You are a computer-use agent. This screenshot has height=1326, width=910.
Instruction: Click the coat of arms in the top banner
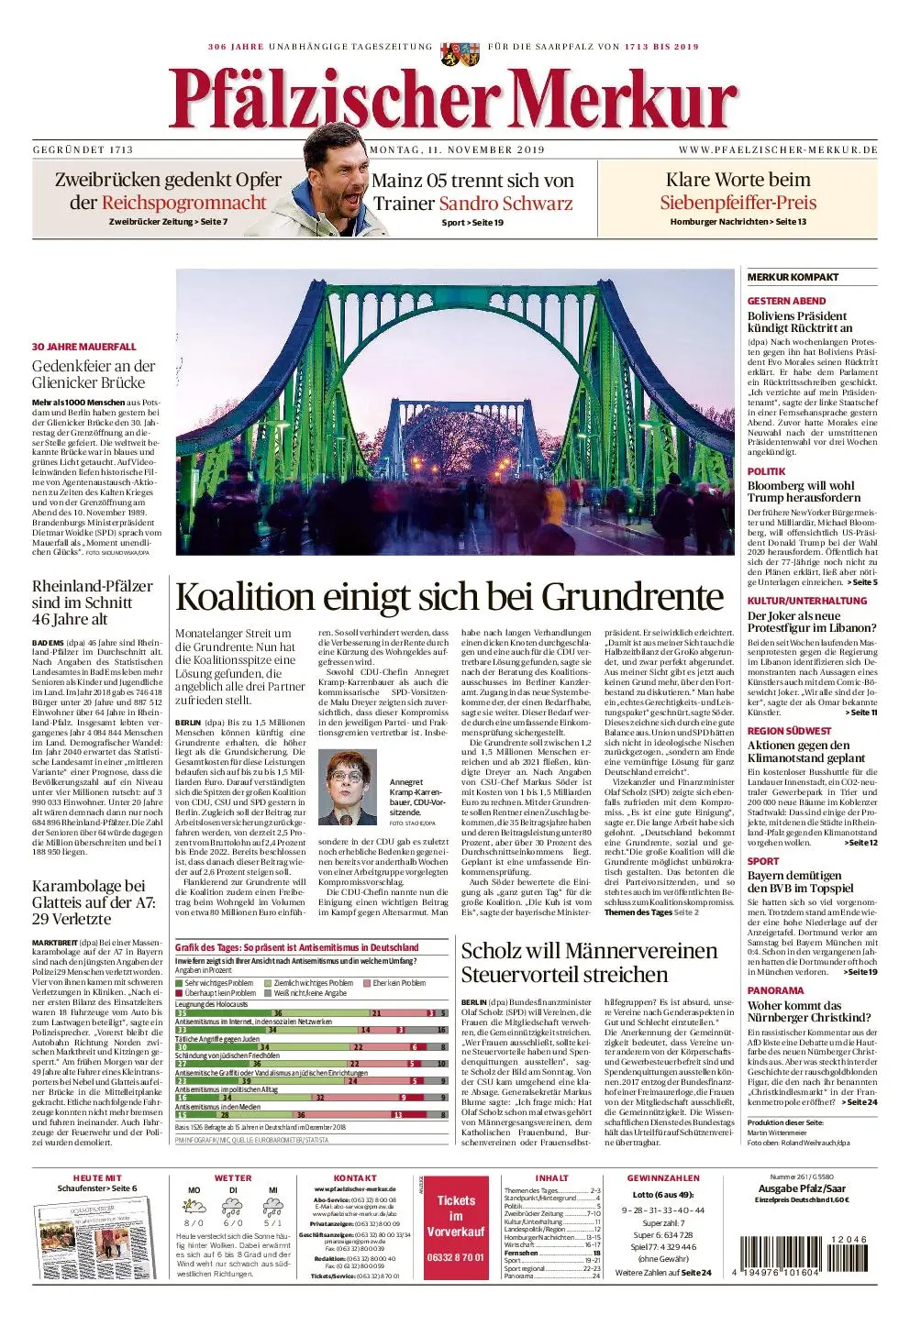[454, 53]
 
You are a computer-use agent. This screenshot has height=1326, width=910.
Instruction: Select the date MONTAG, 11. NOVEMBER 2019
[457, 150]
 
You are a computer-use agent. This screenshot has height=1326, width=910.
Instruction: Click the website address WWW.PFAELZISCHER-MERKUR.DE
[778, 150]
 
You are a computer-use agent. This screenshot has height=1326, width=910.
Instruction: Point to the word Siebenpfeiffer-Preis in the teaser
[738, 203]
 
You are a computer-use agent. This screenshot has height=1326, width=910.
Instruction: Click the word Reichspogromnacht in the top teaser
[183, 203]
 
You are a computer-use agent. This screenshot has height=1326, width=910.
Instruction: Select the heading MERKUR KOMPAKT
[793, 277]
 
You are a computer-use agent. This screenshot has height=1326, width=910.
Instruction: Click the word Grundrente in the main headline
[632, 597]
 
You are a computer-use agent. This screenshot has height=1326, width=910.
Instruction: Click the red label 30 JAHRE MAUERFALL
[83, 348]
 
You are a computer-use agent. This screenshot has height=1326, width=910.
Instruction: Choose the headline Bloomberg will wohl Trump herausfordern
[804, 492]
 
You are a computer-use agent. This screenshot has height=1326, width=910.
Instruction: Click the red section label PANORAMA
[775, 990]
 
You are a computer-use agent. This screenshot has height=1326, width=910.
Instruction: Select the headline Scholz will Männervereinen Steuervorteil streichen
[589, 962]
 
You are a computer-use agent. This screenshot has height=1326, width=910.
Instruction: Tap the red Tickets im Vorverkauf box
[456, 1228]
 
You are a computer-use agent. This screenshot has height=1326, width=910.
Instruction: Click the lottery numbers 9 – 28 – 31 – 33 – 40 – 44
[663, 1210]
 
